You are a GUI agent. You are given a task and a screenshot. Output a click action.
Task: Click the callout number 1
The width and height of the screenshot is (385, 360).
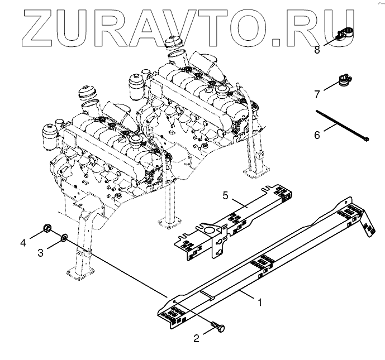[x=260, y=302]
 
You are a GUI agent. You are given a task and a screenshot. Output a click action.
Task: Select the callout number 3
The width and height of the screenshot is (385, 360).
[x=41, y=252]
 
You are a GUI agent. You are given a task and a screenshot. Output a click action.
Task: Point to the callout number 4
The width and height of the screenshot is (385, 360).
[x=23, y=243]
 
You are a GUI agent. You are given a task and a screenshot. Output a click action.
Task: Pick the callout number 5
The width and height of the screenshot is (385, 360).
[x=225, y=195]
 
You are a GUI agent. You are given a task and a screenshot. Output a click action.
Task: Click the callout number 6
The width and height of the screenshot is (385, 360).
[x=317, y=135]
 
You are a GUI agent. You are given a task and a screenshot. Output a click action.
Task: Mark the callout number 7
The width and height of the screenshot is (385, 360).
[x=317, y=94]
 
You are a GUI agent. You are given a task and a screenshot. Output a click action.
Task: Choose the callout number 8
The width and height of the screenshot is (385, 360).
[x=317, y=50]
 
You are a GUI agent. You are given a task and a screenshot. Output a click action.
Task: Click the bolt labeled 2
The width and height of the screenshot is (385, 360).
[x=218, y=327]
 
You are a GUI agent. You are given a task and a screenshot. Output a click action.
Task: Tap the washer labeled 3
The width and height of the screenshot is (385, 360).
[x=64, y=237]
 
